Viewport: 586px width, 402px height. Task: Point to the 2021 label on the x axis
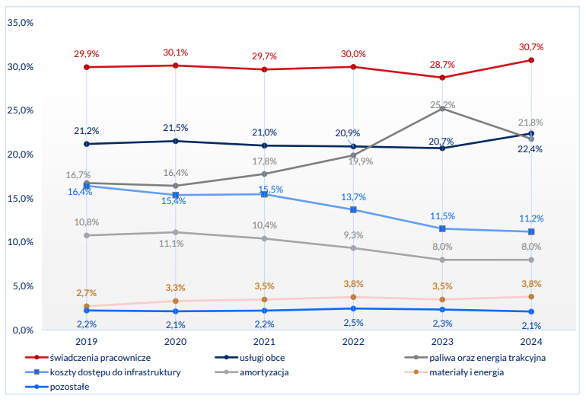pyautogui.click(x=264, y=341)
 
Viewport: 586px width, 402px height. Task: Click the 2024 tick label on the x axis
pyautogui.click(x=530, y=341)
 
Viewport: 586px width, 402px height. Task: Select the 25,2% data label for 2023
pyautogui.click(x=442, y=104)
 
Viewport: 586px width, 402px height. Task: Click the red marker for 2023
pyautogui.click(x=442, y=78)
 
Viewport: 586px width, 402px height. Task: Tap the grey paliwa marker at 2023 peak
pyautogui.click(x=442, y=109)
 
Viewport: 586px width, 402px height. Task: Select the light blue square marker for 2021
pyautogui.click(x=264, y=194)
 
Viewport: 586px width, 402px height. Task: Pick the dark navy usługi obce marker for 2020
pyautogui.click(x=175, y=141)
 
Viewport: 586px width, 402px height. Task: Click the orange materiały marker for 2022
pyautogui.click(x=353, y=297)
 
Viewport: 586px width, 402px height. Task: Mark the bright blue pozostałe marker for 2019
pyautogui.click(x=87, y=311)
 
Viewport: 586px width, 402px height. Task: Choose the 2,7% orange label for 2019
pyautogui.click(x=87, y=292)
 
